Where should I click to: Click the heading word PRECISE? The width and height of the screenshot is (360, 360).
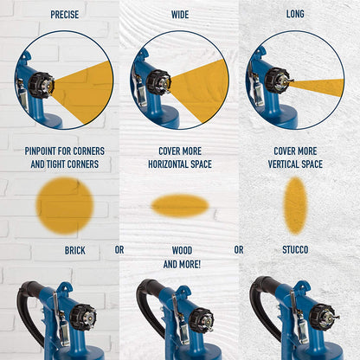(x=64, y=15)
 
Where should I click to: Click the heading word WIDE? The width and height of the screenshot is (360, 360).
(x=180, y=15)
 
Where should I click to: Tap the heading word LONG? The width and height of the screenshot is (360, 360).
(x=295, y=15)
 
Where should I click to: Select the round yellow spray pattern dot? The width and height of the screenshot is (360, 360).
(x=65, y=205)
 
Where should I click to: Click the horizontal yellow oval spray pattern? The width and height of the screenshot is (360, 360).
(x=180, y=205)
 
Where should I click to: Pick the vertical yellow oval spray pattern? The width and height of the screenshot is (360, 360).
(x=295, y=205)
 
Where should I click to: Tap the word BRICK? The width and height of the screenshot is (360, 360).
(x=75, y=250)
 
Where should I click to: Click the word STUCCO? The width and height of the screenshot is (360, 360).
(x=295, y=250)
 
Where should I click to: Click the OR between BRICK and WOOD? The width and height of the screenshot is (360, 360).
(x=119, y=250)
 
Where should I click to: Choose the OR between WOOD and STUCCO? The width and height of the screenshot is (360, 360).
(x=239, y=250)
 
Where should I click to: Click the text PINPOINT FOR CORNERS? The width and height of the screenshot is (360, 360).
(x=64, y=151)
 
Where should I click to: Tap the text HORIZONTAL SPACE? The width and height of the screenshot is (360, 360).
(x=180, y=164)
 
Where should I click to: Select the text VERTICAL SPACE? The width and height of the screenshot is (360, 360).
(x=295, y=164)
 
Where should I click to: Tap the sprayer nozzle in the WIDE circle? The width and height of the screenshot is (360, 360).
(x=159, y=83)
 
